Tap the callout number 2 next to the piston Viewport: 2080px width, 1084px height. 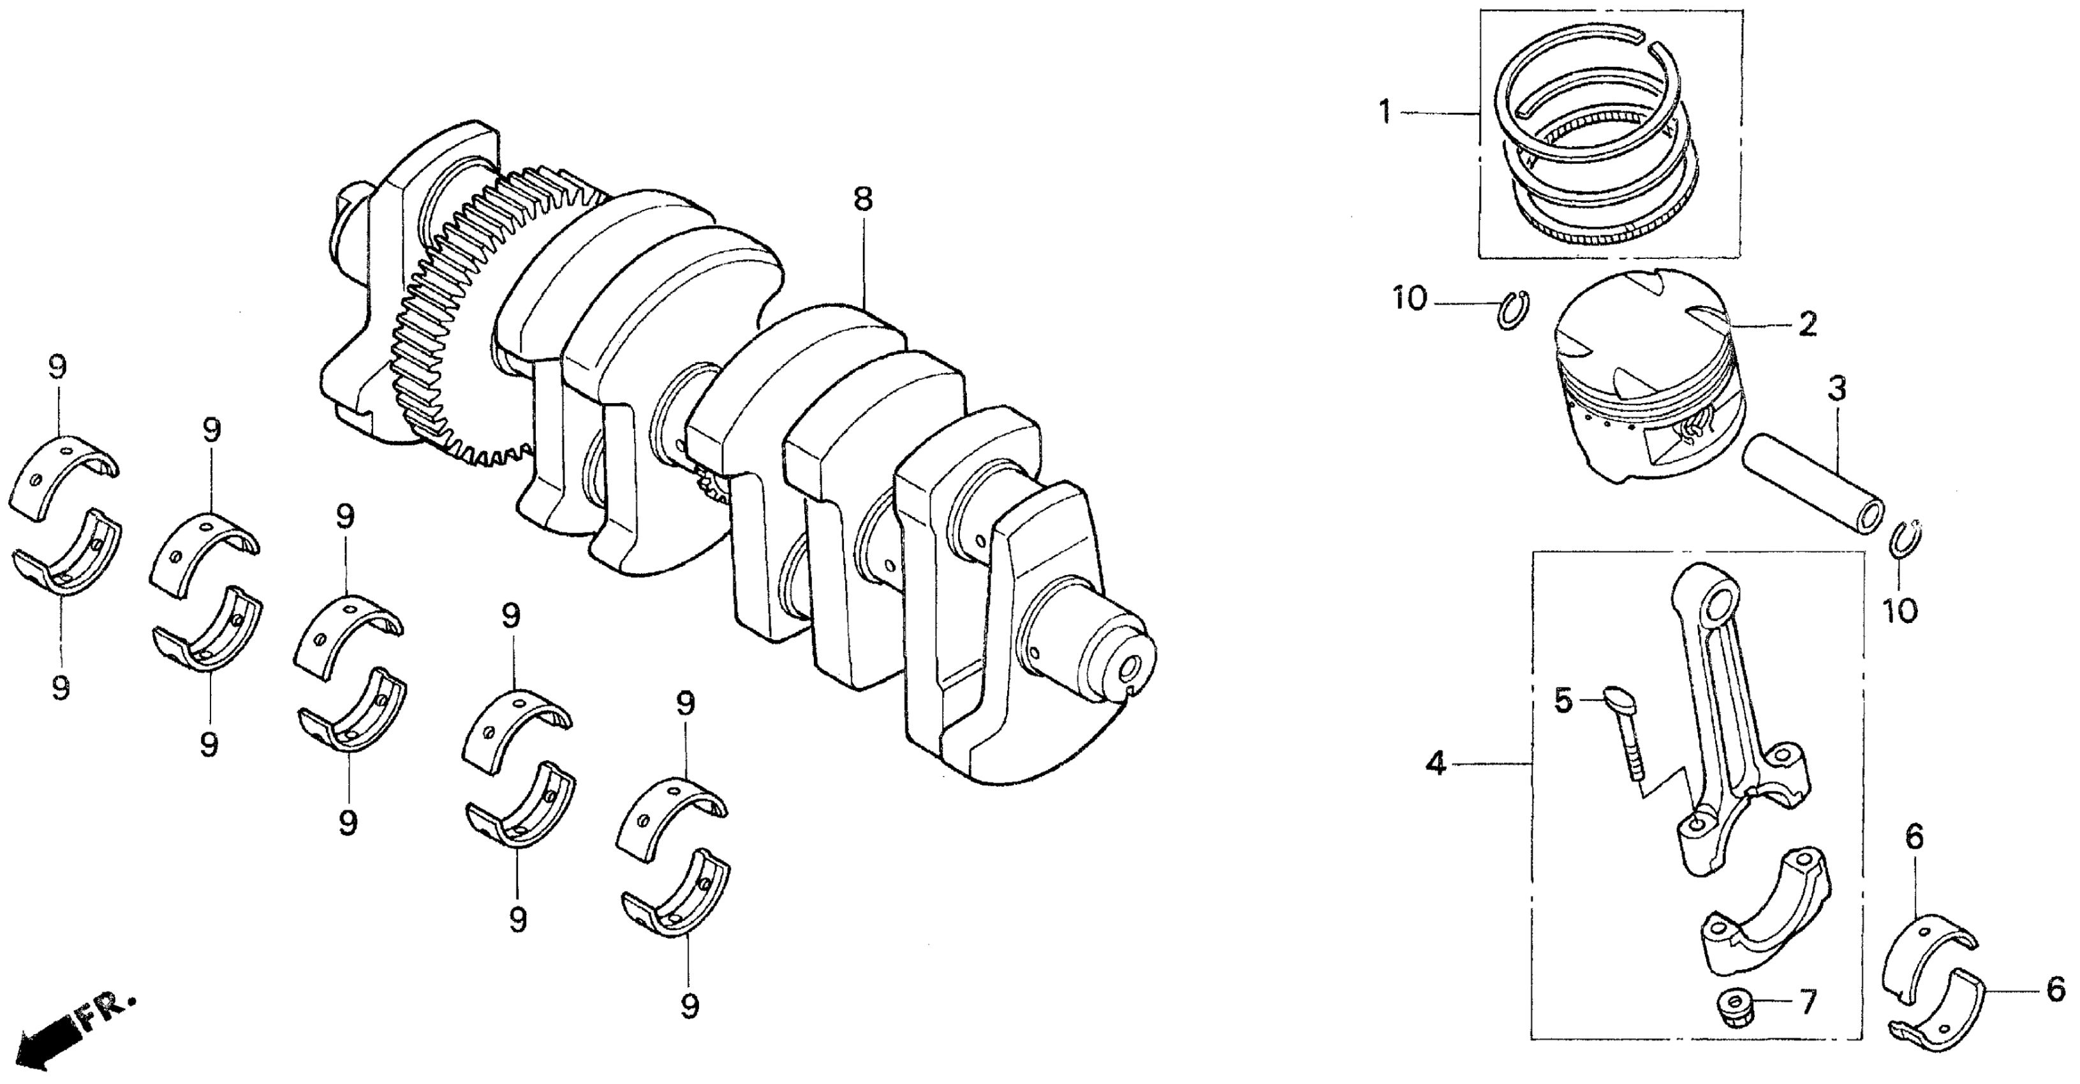pos(1807,325)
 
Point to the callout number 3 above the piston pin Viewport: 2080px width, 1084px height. pos(1836,390)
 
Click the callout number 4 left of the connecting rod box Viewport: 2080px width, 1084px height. pos(1435,763)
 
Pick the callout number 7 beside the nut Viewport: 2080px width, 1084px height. pos(1807,1002)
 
